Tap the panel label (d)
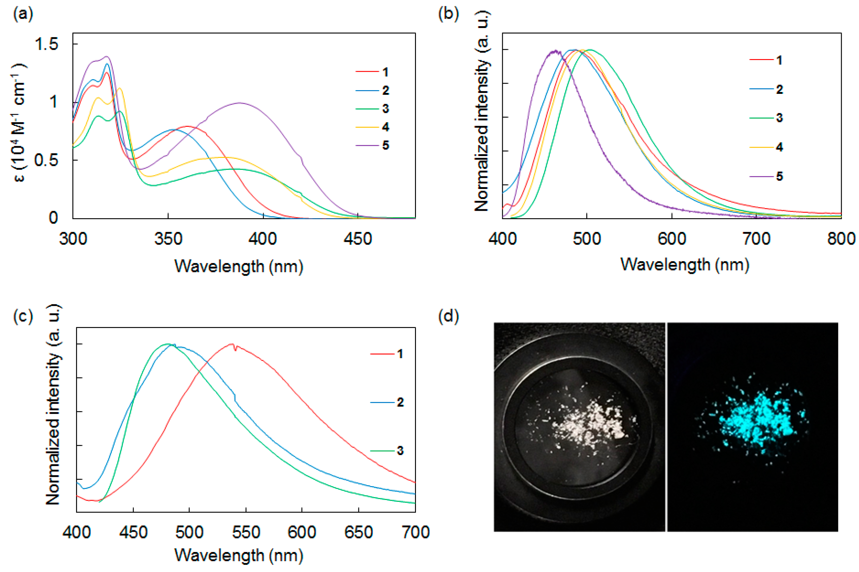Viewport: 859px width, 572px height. coord(448,316)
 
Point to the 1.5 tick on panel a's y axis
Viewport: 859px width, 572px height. coord(47,44)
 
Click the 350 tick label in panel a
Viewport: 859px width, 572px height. coord(168,239)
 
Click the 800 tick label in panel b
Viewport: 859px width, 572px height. coord(841,239)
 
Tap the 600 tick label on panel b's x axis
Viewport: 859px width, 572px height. coord(672,239)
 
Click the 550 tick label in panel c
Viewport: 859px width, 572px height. coord(246,533)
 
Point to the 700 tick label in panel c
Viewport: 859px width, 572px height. coord(415,533)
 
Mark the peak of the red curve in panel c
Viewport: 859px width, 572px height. coord(231,344)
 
